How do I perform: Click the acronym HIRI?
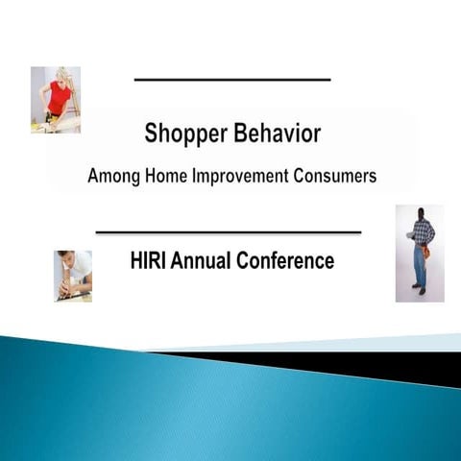[149, 260]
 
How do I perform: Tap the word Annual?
[207, 260]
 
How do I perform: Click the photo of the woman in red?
[56, 100]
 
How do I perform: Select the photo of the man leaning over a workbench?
[73, 276]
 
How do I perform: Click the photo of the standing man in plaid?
[420, 254]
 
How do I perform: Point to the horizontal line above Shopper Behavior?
[232, 79]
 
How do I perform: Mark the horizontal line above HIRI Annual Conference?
[229, 232]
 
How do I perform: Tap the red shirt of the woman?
[60, 97]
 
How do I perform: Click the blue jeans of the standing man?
[420, 267]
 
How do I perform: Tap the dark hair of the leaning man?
[65, 256]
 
